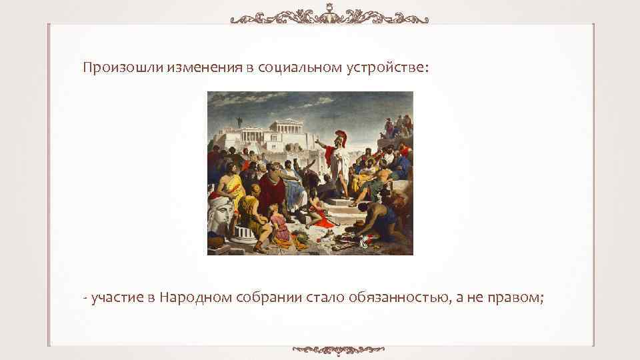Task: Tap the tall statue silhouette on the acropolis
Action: pos(239,123)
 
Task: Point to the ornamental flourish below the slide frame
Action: pos(340,348)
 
